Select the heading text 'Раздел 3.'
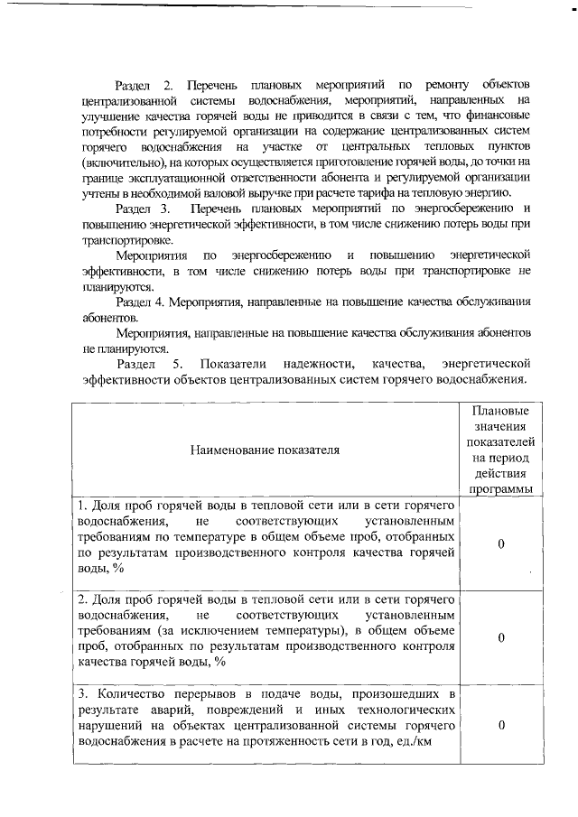point(144,209)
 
